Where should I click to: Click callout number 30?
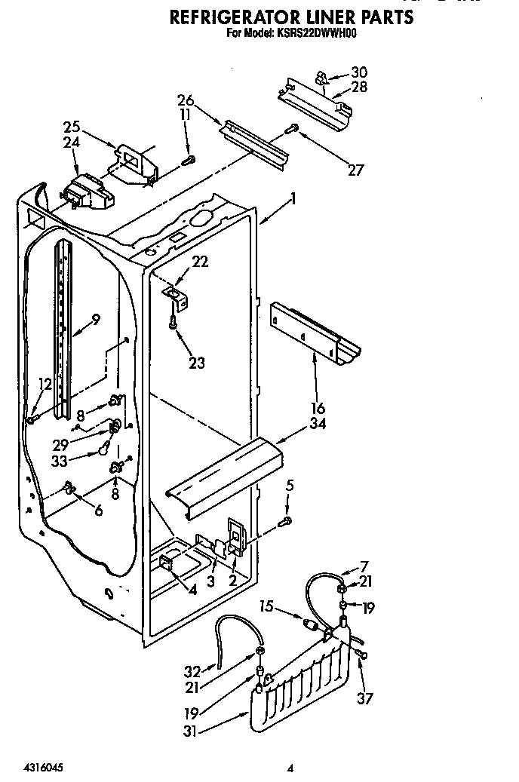tap(359, 72)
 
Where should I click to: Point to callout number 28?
tap(359, 87)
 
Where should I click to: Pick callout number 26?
tap(186, 101)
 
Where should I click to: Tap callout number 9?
tap(95, 319)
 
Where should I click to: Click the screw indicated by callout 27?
tap(293, 130)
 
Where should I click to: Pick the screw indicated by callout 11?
tap(190, 159)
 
